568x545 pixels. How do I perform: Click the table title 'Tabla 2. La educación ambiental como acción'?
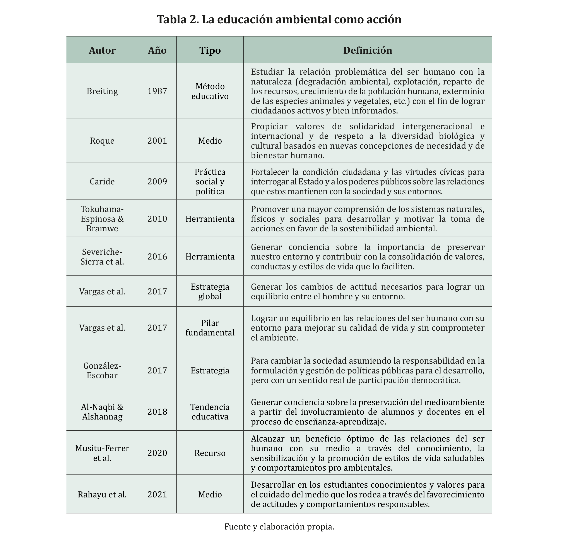(279, 19)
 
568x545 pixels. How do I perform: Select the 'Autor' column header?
(102, 50)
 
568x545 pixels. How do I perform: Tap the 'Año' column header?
(157, 50)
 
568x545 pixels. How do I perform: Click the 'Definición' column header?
(368, 50)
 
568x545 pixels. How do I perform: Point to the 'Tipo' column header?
(210, 50)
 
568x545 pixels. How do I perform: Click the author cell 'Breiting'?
(102, 91)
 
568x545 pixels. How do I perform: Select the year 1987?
(157, 91)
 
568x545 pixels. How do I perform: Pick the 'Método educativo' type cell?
(210, 91)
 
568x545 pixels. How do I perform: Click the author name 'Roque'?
(102, 141)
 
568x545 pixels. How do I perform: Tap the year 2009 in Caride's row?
(157, 182)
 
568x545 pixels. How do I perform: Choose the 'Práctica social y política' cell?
(210, 182)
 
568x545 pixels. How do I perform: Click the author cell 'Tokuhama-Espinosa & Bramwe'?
(102, 219)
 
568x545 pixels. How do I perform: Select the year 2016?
(157, 256)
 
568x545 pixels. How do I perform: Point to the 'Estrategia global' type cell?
(210, 291)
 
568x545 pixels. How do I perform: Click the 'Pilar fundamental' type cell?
(210, 327)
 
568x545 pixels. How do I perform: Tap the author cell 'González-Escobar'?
(102, 370)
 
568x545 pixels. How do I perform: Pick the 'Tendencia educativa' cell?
(210, 412)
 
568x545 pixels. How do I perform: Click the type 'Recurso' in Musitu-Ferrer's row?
(210, 453)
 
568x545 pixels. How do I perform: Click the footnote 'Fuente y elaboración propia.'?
(279, 526)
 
